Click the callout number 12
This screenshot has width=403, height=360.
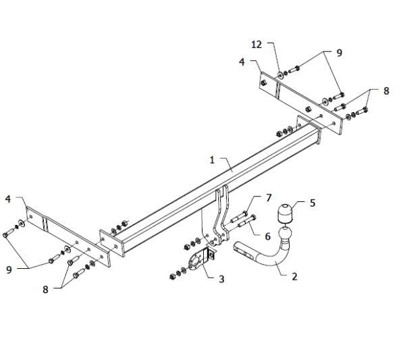click(257, 45)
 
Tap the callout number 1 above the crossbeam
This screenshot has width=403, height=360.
click(212, 160)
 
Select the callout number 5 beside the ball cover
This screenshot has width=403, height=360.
click(313, 203)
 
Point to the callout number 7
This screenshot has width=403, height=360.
click(269, 198)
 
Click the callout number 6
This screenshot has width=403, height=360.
click(267, 236)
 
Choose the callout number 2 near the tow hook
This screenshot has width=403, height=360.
click(294, 276)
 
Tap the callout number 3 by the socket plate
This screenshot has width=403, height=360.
click(221, 279)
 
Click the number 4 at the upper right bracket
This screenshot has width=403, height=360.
click(242, 62)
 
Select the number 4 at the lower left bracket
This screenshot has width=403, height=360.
click(8, 199)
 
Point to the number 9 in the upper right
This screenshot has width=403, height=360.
click(340, 53)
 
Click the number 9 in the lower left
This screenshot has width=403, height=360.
click(9, 269)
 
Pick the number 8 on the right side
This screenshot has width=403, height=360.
click(386, 91)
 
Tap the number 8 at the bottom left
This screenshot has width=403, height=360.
click(45, 290)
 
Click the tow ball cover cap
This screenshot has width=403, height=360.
click(285, 213)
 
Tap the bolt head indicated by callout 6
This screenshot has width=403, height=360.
click(253, 217)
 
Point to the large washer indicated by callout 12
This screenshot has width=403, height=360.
click(280, 75)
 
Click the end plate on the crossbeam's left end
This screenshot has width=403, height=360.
click(112, 242)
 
